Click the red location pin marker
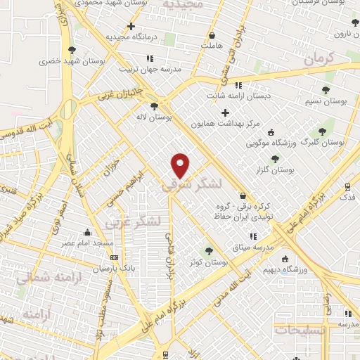[181, 165]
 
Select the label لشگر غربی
[134, 222]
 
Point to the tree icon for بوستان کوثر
[208, 250]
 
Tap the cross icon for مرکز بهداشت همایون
[225, 112]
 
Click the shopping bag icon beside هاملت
[211, 35]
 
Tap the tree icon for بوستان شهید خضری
[72, 49]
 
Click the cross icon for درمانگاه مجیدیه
[131, 26]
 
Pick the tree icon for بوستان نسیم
[325, 90]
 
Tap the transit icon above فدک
[347, 187]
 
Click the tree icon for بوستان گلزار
[275, 159]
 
